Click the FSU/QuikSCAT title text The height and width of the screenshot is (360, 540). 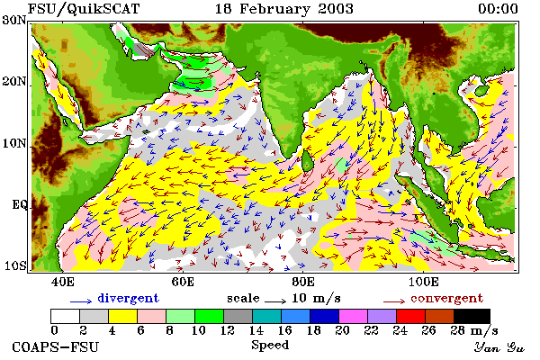coord(84,9)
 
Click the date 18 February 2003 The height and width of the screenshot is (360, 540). coord(284,9)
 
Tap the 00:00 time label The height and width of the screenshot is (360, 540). coord(498,9)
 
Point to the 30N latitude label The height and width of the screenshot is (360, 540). coord(14,20)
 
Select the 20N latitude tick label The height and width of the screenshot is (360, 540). coord(14,81)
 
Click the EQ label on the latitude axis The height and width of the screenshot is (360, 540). coord(20,204)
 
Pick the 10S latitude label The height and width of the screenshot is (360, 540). coord(14,265)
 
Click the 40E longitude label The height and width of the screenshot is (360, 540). coord(62,282)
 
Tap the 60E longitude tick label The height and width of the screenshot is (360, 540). coord(183,282)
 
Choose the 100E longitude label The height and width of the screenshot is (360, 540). coord(424,282)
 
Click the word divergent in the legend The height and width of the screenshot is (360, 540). coord(128,298)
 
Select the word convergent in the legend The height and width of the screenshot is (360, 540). coord(446,298)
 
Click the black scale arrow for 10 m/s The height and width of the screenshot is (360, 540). coord(275,301)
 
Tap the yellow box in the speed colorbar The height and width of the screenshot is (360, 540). coord(123,316)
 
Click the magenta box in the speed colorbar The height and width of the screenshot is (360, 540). coord(354,316)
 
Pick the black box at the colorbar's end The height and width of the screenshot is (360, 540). coord(472,316)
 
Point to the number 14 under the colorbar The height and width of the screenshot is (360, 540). coord(256,330)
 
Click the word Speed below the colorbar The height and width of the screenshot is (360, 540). coord(270,345)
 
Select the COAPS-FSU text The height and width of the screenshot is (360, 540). coord(56,346)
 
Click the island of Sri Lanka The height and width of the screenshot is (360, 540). coord(307,161)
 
